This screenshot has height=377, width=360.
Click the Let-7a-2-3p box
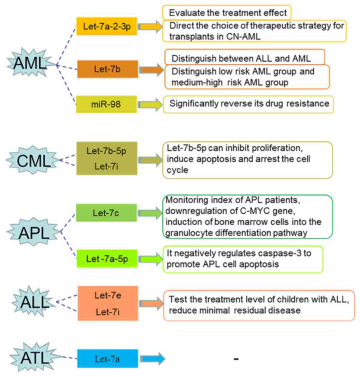coord(107,27)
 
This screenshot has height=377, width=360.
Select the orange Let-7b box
coord(107,69)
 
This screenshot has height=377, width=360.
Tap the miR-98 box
coord(107,104)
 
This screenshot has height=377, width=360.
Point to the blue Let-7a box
coord(107,358)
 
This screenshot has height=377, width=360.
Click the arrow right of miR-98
coord(150,105)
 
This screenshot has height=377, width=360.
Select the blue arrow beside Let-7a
coord(151,358)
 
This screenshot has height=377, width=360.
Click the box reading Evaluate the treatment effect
coord(227,13)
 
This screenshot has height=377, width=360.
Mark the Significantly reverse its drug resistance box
coord(249,104)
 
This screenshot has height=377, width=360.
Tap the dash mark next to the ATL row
coord(236,359)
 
